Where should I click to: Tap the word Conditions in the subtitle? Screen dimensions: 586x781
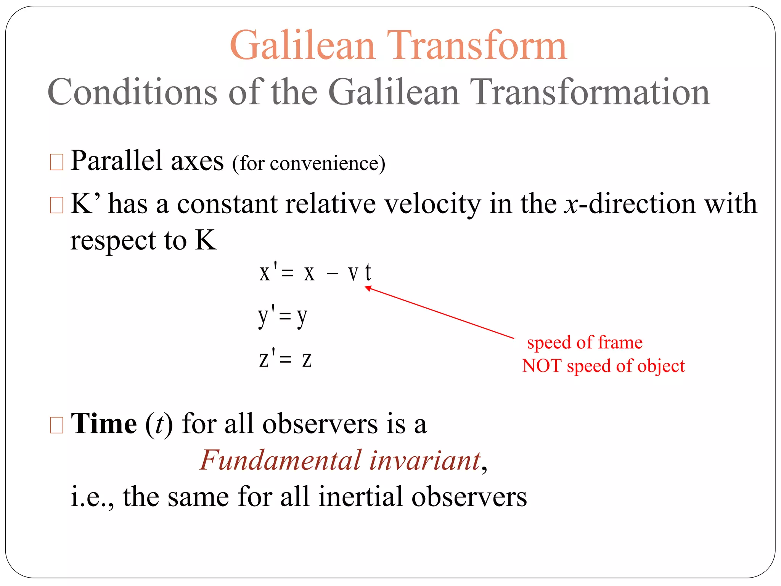click(132, 92)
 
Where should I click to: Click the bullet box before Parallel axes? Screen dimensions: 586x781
click(56, 162)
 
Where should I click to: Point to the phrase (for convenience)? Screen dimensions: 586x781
click(309, 164)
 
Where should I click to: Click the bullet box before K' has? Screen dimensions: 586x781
click(56, 205)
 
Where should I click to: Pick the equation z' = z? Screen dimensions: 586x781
click(285, 359)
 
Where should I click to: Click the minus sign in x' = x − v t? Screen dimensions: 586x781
click(332, 274)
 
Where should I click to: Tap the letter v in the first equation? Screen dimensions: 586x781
click(353, 273)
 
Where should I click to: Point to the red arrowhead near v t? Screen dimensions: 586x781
click(368, 288)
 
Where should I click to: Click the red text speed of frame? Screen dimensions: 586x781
click(585, 343)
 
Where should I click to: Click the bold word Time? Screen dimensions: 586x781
click(104, 424)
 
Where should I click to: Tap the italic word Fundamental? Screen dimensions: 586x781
click(280, 460)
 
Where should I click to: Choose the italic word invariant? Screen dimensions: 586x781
click(424, 460)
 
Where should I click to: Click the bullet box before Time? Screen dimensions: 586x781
click(56, 425)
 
